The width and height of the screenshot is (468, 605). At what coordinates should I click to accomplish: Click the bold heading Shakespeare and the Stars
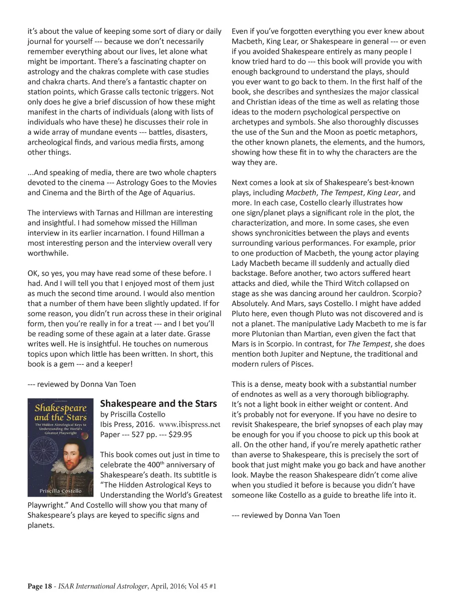(158, 404)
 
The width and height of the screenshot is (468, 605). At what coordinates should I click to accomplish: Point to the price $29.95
(180, 434)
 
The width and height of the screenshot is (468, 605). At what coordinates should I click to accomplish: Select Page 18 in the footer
(40, 586)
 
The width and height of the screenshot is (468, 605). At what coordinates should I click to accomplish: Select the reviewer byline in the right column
(286, 515)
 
